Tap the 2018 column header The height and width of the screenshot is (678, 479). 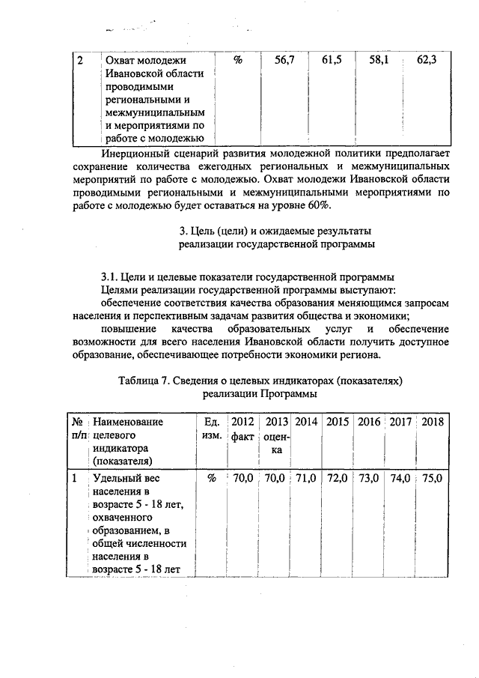[433, 422]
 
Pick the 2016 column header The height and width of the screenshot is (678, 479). [369, 422]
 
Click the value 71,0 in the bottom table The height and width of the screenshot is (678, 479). [308, 477]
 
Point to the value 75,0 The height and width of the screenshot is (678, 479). [433, 477]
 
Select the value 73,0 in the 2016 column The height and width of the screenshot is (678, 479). [370, 477]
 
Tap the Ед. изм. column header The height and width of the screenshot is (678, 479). [211, 429]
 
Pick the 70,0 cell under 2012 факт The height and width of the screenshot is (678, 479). [243, 477]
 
